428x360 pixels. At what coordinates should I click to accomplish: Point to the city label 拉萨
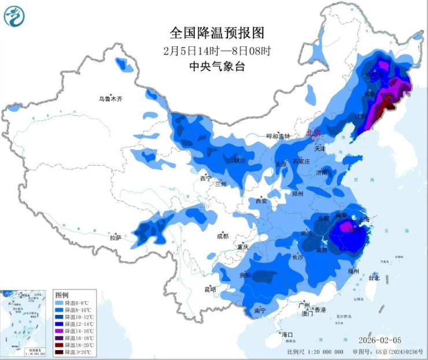116,237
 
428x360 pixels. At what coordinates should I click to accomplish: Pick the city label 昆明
209,289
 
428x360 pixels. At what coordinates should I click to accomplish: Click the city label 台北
374,278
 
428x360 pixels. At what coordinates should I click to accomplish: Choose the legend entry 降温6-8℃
75,303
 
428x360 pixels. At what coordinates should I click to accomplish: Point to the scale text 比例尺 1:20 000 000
315,351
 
